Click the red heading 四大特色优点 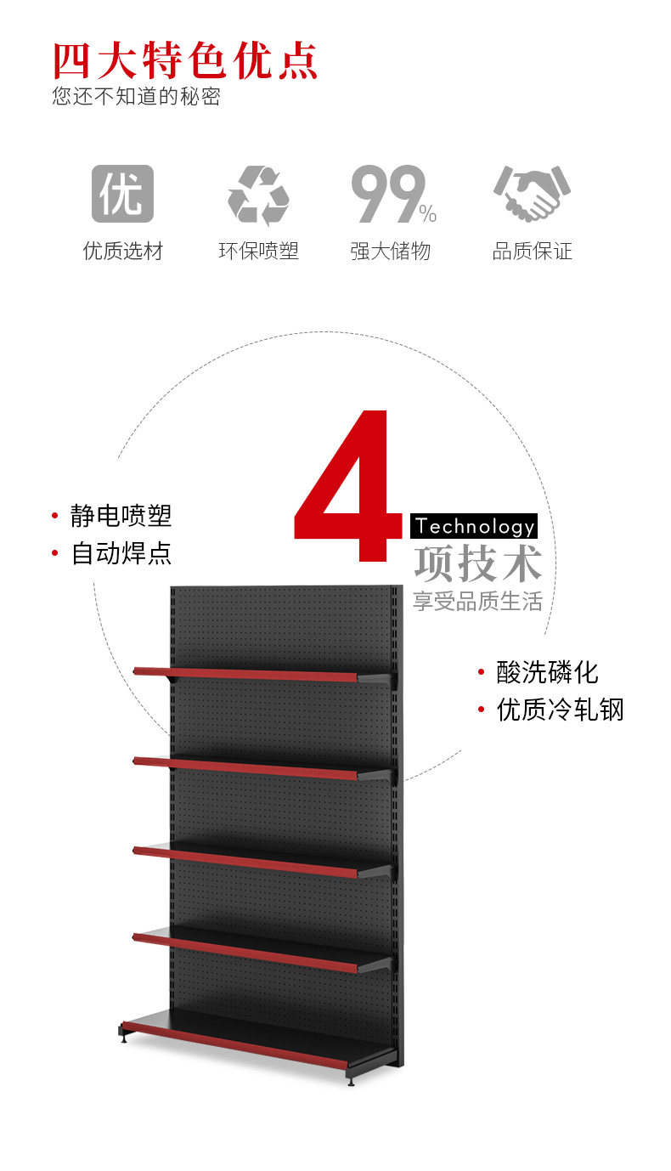(x=185, y=60)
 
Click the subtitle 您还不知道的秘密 (x=137, y=96)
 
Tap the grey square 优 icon (x=123, y=194)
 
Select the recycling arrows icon (x=258, y=195)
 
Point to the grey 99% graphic (x=394, y=194)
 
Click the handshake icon (x=532, y=192)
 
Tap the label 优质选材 (x=123, y=251)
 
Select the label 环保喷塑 (x=259, y=251)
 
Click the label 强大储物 (x=391, y=251)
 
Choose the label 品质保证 (x=533, y=251)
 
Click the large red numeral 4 (x=347, y=486)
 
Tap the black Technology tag (x=474, y=526)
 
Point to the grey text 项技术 (x=478, y=563)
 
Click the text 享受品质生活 (x=477, y=601)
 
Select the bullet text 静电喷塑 (x=121, y=516)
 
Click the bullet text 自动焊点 (x=121, y=553)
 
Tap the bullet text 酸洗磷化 (x=547, y=672)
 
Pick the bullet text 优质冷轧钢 (x=561, y=710)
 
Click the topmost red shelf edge (x=245, y=674)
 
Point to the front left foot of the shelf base (x=123, y=1034)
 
